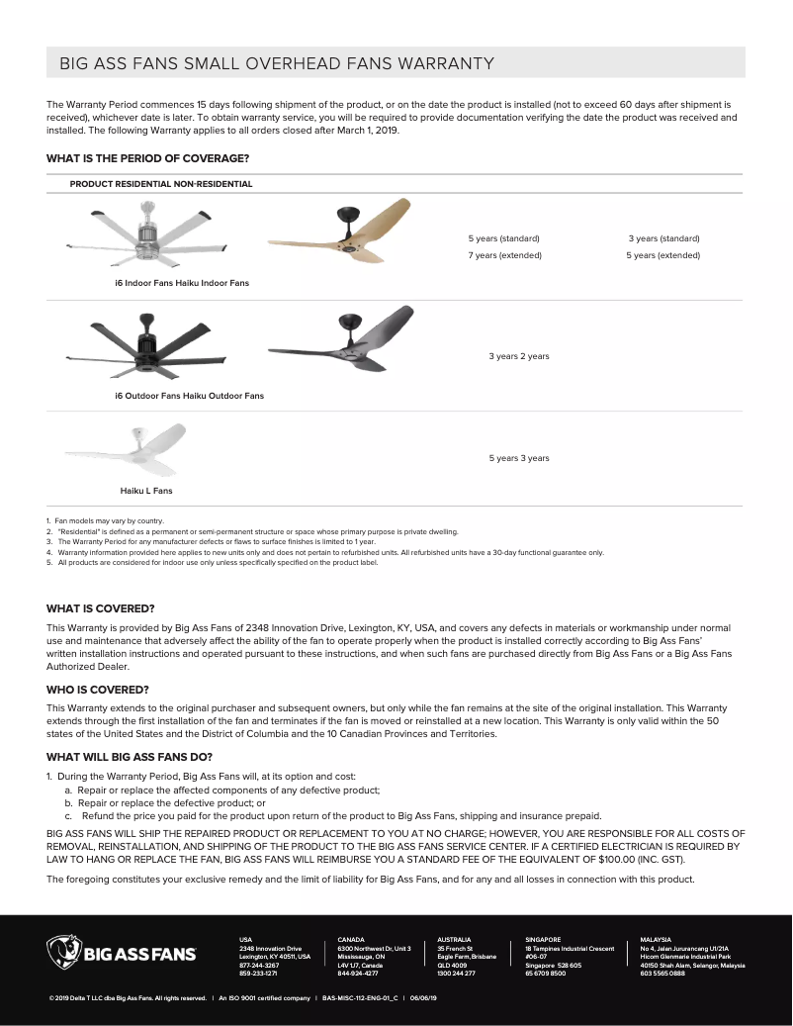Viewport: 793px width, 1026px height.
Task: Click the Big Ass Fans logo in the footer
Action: pos(122,954)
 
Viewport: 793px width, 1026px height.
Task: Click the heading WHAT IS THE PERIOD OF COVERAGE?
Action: pos(147,158)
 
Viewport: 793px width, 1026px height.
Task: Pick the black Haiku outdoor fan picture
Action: pos(339,340)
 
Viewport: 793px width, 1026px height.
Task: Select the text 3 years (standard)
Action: pos(663,238)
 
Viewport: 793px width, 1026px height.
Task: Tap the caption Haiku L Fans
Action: pos(146,491)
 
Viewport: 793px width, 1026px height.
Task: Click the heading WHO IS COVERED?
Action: pos(98,689)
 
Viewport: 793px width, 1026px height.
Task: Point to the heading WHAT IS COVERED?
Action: pos(100,608)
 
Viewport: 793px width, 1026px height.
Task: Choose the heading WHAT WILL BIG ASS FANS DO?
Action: pos(130,756)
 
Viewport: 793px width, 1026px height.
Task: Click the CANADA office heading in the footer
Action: pos(351,939)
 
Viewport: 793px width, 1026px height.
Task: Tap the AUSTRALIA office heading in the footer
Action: pos(454,939)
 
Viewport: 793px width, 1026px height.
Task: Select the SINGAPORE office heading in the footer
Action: pos(543,939)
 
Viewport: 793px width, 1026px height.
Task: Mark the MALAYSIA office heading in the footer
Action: pos(656,939)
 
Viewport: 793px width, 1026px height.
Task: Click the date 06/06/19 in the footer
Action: pos(423,998)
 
